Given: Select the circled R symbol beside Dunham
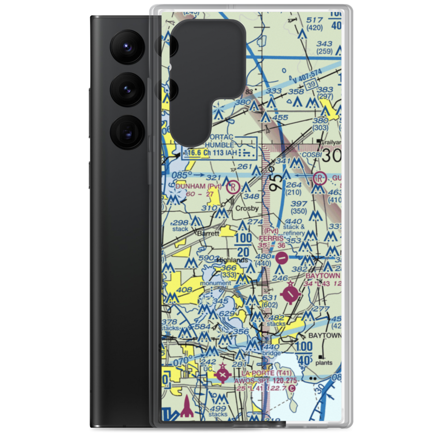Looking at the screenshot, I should [x=233, y=187].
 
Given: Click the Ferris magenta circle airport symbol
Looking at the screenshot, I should [x=282, y=256].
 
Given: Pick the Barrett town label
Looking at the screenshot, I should [x=208, y=233].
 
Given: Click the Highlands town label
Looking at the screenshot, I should [x=232, y=260].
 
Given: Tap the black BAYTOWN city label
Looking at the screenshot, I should [x=324, y=336].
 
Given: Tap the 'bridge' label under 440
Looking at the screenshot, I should [x=271, y=354].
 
